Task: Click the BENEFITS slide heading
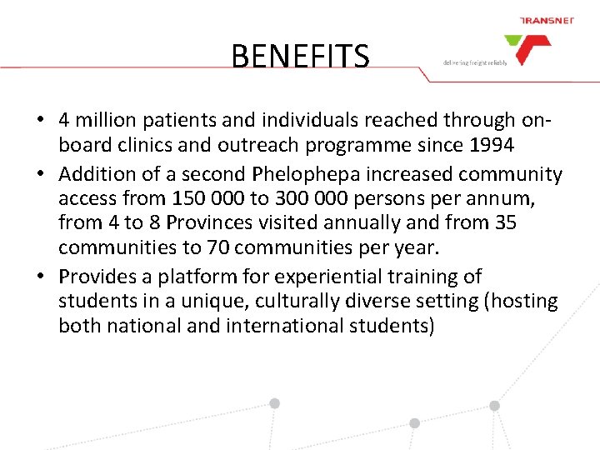[x=300, y=57]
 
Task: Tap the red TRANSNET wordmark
[x=546, y=21]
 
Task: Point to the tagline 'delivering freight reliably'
[x=475, y=62]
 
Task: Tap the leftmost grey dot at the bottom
[x=274, y=403]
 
